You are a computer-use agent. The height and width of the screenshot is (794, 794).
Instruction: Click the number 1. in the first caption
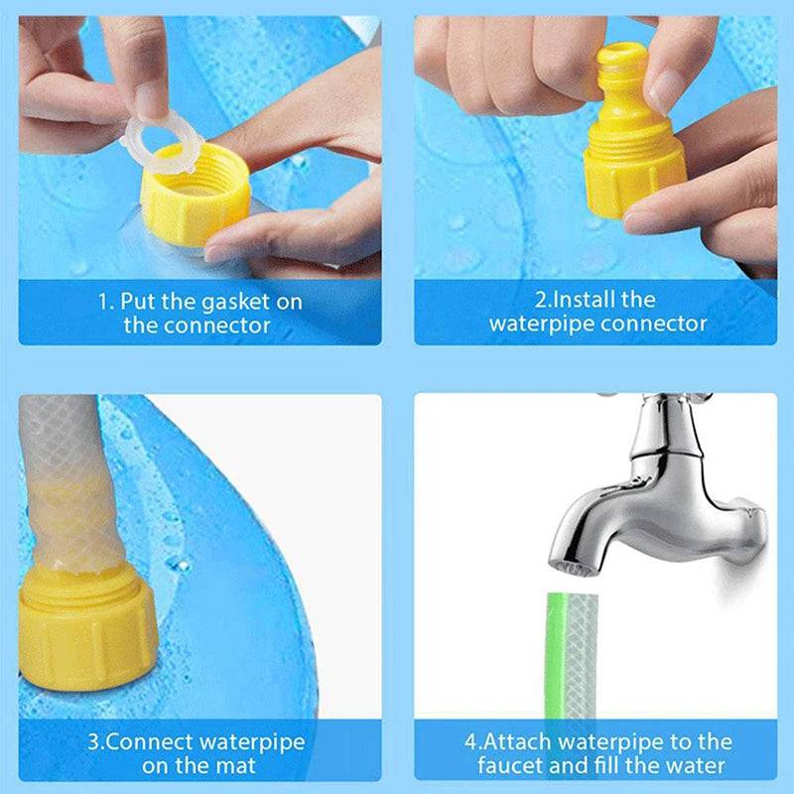pyautogui.click(x=105, y=301)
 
